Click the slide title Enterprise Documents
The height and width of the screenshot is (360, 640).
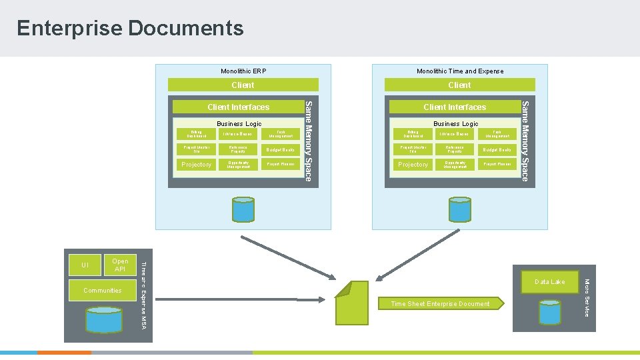point(130,28)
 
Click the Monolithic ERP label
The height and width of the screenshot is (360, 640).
point(243,71)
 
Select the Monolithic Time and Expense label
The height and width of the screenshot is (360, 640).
point(460,71)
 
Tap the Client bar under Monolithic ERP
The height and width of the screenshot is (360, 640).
point(243,85)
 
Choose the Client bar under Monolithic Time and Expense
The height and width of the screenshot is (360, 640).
point(459,85)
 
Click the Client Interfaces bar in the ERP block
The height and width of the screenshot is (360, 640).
point(238,107)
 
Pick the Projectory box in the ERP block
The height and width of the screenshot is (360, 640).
point(197,165)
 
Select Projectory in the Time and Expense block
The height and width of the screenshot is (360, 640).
point(413,165)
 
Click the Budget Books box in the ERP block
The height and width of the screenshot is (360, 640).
point(280,150)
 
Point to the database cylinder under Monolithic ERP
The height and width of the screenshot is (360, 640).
point(243,209)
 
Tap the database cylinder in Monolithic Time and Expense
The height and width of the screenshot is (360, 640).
point(459,209)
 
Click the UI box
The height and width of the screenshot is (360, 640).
point(85,265)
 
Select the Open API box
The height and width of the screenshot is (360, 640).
point(120,265)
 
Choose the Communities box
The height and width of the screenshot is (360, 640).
point(103,291)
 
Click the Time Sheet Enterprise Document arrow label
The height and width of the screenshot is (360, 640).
point(440,304)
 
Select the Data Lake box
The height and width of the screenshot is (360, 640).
point(549,282)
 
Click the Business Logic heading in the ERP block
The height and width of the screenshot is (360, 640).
point(239,124)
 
